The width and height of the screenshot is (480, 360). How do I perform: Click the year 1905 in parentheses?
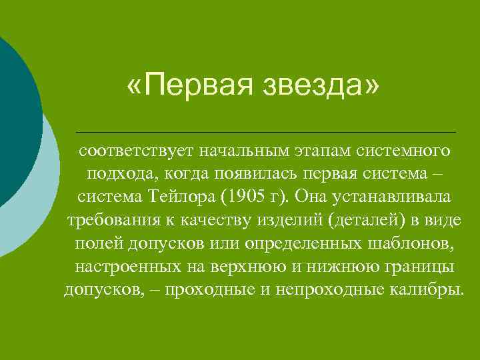250,198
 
